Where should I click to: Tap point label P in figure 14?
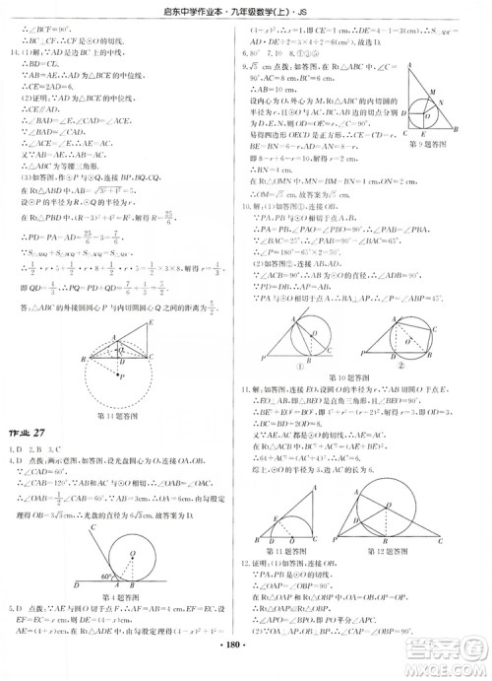(121, 375)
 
